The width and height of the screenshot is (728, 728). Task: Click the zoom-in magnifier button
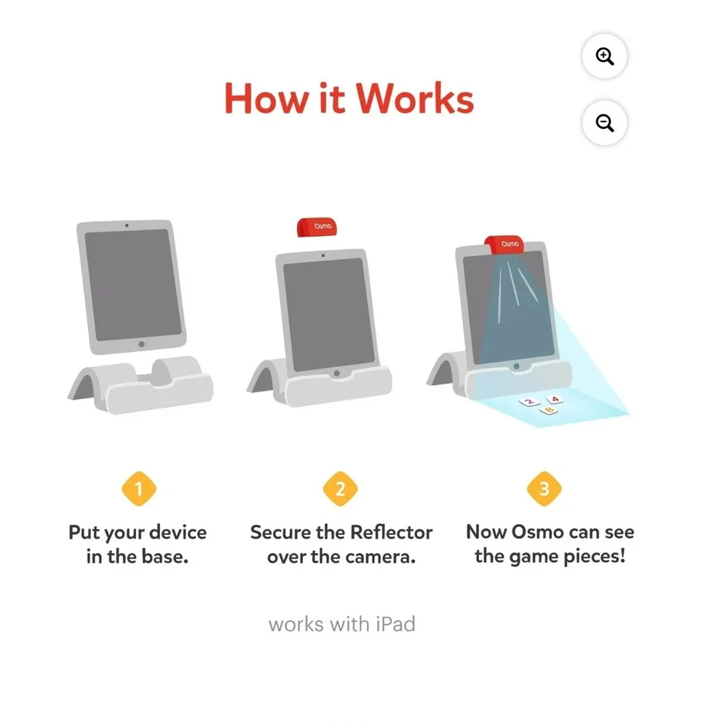click(604, 56)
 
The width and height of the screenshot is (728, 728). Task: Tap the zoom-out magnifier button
click(604, 122)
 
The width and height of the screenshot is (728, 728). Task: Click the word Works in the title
click(415, 98)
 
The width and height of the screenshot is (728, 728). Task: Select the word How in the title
click(266, 98)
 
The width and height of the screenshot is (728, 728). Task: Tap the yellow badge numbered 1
click(139, 488)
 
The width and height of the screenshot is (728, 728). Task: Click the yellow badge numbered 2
click(340, 488)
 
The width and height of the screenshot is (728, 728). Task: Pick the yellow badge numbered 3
click(544, 488)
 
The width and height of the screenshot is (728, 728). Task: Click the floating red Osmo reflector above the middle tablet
click(317, 226)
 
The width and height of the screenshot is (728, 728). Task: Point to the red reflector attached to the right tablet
click(505, 244)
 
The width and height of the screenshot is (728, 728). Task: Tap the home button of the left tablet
click(142, 344)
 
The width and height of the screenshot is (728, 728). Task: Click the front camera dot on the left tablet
click(127, 225)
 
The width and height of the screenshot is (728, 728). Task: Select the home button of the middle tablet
click(336, 373)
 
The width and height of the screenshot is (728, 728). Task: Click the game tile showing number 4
click(555, 399)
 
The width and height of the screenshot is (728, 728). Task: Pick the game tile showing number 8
click(549, 410)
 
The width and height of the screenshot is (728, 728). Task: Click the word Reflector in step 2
click(391, 532)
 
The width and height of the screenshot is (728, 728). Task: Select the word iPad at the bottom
click(395, 624)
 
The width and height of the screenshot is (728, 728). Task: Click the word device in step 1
click(178, 532)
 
